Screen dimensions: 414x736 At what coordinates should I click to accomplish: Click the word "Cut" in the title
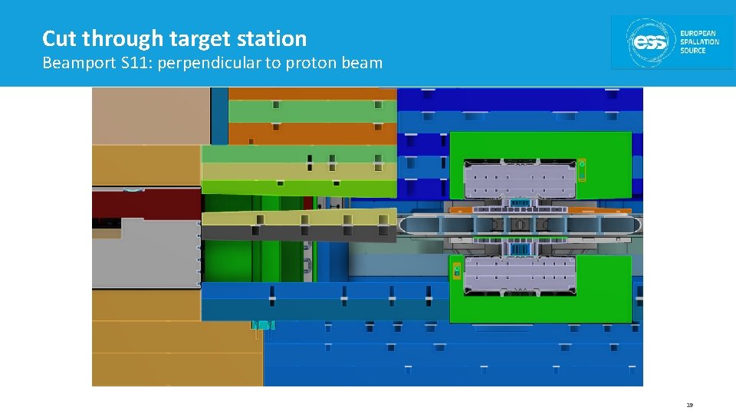(60, 38)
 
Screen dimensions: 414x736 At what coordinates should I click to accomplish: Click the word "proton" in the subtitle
(310, 63)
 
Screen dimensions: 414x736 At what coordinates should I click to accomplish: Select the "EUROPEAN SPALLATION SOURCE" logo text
(699, 43)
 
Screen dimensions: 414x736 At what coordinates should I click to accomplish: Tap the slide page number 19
(689, 404)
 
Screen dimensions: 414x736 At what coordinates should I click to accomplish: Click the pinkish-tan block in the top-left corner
(150, 115)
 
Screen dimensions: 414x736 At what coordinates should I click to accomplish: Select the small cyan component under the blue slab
(263, 325)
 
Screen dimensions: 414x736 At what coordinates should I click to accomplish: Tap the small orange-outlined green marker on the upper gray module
(582, 169)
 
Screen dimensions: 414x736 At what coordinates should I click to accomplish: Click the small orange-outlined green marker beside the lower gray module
(457, 271)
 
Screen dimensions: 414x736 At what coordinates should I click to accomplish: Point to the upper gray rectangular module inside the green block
(519, 179)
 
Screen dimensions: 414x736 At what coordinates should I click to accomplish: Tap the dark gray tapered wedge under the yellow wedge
(299, 232)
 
